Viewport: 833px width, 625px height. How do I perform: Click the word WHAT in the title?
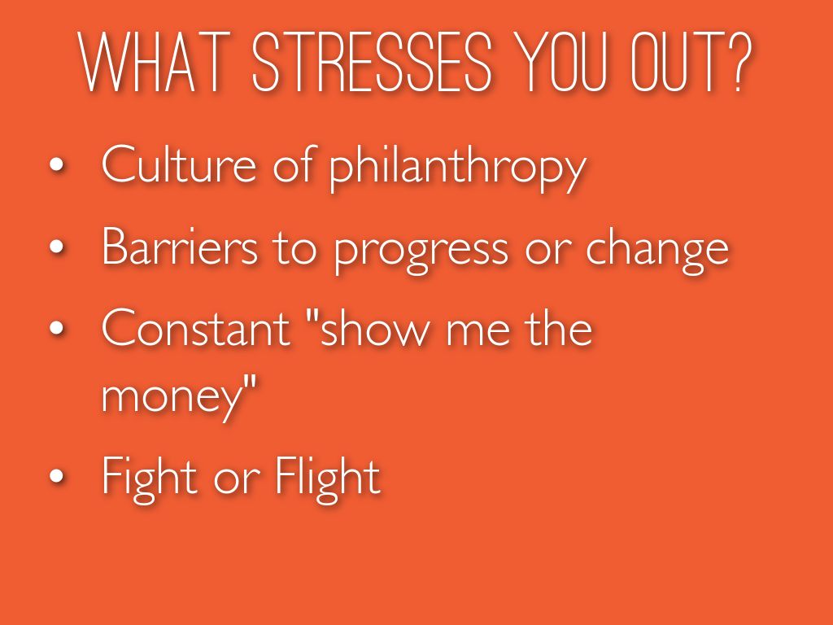coord(156,62)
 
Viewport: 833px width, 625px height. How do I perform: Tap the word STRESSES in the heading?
coord(372,62)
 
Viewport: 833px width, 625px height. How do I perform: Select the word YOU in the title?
coord(561,62)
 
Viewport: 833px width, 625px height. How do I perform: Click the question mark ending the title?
coord(739,62)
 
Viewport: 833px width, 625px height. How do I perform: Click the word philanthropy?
coord(458,168)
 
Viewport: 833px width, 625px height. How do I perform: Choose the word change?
coord(657,250)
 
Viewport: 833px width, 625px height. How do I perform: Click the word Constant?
coord(196,327)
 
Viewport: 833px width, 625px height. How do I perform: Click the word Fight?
coord(150,476)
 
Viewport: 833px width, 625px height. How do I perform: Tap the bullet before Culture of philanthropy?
coord(56,164)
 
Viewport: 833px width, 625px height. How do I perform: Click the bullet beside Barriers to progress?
coord(56,247)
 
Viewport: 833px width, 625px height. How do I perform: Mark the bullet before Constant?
coord(56,329)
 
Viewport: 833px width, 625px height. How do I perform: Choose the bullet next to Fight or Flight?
coord(56,476)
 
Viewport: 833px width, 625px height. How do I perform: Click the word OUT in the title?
coord(678,62)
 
